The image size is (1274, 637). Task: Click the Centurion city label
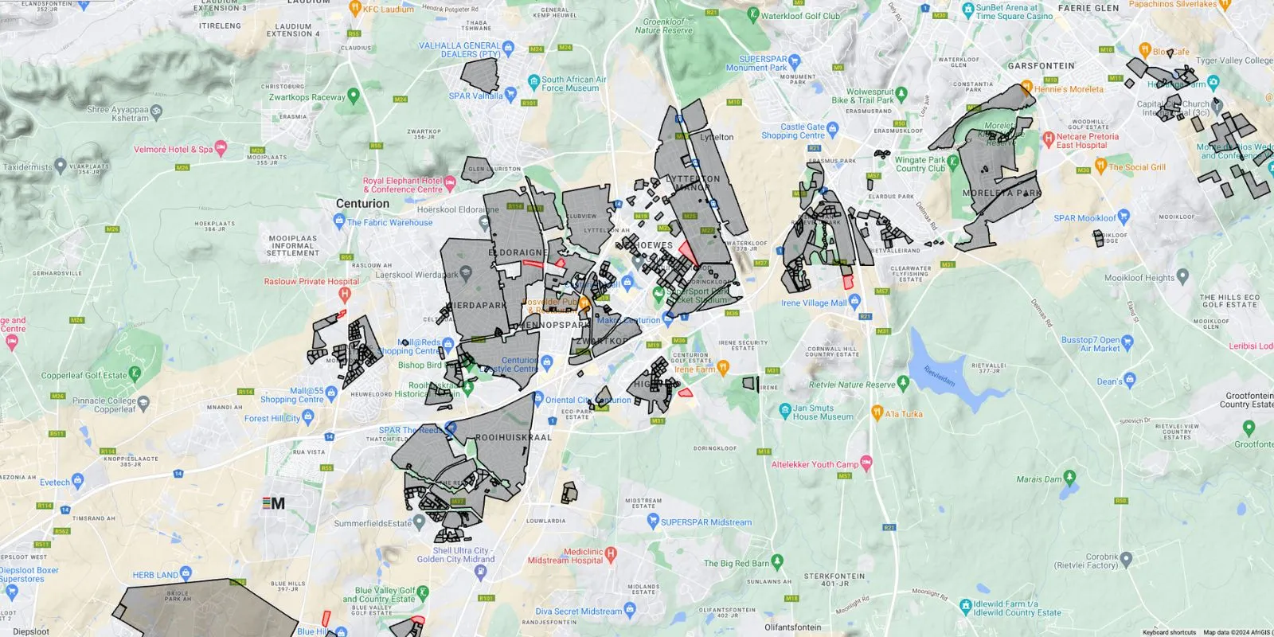tap(362, 204)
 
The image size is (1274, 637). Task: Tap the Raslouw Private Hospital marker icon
tap(344, 294)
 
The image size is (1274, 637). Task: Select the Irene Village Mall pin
tap(854, 301)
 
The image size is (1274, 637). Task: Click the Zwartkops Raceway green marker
tap(354, 96)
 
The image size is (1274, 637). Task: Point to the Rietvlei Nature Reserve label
tap(852, 385)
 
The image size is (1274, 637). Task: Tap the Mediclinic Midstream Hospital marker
tap(611, 553)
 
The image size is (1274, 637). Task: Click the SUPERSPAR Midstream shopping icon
tap(653, 522)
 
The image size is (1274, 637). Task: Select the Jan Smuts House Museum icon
tap(784, 410)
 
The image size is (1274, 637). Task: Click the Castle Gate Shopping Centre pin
tap(833, 127)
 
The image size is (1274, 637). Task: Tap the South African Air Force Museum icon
tap(533, 81)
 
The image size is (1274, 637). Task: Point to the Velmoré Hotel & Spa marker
tap(221, 147)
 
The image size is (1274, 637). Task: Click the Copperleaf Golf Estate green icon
tap(135, 373)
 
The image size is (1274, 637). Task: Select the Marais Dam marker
tap(1069, 477)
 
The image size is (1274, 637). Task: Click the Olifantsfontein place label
tap(792, 627)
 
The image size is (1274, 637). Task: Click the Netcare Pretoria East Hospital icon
tap(1048, 139)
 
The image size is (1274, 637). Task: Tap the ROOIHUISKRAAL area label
tap(513, 437)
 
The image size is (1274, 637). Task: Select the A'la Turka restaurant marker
tap(877, 412)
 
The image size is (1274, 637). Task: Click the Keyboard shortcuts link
tap(1169, 632)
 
